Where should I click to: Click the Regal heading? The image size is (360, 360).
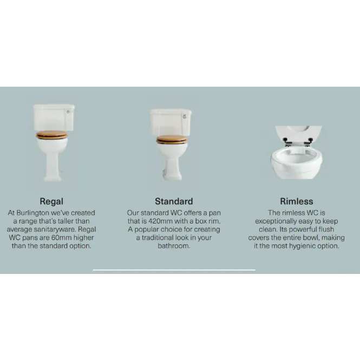(51, 201)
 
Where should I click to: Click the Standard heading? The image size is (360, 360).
(174, 201)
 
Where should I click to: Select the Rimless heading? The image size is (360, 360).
(297, 201)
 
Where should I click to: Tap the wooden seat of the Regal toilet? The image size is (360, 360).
(52, 135)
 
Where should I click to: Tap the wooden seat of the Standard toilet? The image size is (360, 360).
(172, 139)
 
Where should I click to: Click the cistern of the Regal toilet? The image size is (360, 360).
(54, 117)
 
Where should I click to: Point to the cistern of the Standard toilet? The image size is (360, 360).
(171, 122)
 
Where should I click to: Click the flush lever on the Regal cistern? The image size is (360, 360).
(68, 112)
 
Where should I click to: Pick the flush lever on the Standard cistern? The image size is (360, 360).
(185, 116)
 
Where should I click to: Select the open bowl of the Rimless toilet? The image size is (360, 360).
(297, 162)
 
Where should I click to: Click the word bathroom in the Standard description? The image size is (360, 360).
(174, 246)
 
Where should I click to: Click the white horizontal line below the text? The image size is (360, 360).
(174, 270)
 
